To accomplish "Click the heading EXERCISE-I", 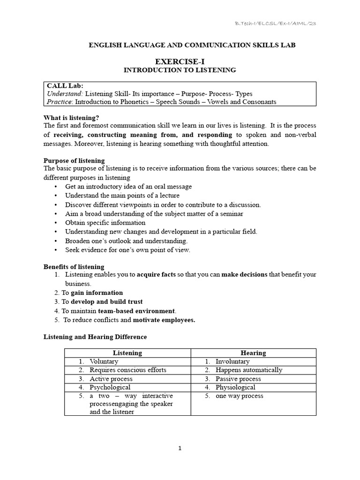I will coord(180,61).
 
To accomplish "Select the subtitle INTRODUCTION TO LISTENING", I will coord(180,70).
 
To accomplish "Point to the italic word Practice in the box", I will coord(60,101).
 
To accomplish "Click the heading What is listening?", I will coord(71,118).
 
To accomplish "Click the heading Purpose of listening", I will coord(74,161).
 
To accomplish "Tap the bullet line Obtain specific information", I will coord(105,223).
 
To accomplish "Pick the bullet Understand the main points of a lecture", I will coord(122,195).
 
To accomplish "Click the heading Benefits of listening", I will coord(74,267).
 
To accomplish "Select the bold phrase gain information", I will coord(97,292).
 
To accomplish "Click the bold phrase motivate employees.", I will coord(164,320).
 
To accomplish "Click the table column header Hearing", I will coord(253,353).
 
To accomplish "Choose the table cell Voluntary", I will coord(104,361).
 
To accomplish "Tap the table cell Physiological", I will coord(235,387).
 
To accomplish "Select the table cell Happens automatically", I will coord(249,370).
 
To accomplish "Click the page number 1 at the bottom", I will coord(180,448).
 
